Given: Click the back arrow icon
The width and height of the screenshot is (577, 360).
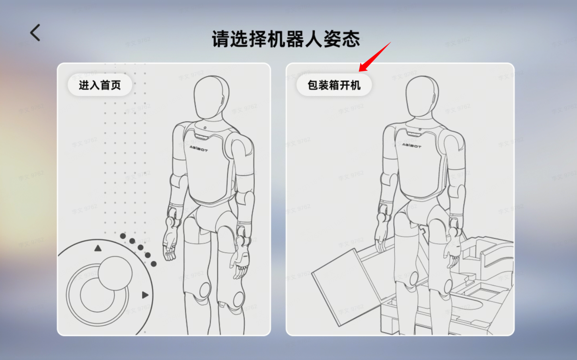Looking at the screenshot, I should tap(35, 33).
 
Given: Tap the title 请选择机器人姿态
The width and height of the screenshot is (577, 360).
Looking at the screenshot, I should tap(285, 39).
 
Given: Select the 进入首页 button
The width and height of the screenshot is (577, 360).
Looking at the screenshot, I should tap(99, 85).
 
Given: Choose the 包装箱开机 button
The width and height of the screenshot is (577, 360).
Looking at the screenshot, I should tap(334, 85).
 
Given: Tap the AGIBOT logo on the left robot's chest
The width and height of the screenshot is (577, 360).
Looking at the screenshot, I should tap(199, 149).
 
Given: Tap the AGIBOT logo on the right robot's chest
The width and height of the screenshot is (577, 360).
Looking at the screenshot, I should tap(411, 145).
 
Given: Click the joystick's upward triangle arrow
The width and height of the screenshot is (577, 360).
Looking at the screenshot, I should tap(98, 248).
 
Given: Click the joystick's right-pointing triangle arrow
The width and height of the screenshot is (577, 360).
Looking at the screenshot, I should tap(145, 295).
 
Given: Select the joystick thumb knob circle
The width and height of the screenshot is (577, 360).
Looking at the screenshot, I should tap(115, 273).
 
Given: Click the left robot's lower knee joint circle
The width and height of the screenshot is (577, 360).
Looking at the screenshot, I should tap(239, 299).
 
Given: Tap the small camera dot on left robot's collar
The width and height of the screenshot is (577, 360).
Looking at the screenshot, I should tap(205, 128).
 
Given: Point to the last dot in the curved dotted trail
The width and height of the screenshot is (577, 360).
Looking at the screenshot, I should tap(154, 264).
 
